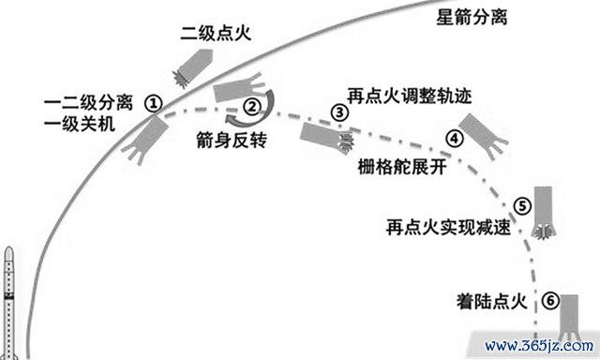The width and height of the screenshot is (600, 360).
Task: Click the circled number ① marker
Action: pos(153,103)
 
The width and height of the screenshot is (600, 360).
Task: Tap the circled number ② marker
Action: pos(252,106)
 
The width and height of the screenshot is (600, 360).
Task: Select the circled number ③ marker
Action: pos(339,112)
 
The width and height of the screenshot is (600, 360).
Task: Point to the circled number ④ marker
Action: pos(454,138)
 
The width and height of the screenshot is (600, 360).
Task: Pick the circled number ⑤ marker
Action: pos(522,206)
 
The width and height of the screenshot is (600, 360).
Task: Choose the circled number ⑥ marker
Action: pos(550,301)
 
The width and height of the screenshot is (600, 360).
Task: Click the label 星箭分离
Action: pos(472,17)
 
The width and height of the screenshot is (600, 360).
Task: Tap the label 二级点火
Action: pos(216,34)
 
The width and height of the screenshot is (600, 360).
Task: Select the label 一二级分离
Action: pos(88,103)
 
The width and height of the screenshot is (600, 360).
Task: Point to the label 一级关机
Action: pos(79,124)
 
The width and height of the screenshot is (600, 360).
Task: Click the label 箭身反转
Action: pos(232,140)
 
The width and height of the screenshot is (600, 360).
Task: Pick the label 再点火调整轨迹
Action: pos(409,96)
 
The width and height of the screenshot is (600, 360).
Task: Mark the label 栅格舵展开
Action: pos(402,167)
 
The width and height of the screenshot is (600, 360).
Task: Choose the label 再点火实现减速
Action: pos(448,227)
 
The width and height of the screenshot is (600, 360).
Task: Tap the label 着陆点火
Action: pos(491,301)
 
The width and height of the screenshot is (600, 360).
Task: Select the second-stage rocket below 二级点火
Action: pos(193,67)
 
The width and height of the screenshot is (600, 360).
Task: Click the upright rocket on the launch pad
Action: pos(8,303)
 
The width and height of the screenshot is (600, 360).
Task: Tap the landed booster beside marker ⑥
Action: pos(569,317)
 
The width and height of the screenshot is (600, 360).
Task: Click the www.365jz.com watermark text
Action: pos(539,346)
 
